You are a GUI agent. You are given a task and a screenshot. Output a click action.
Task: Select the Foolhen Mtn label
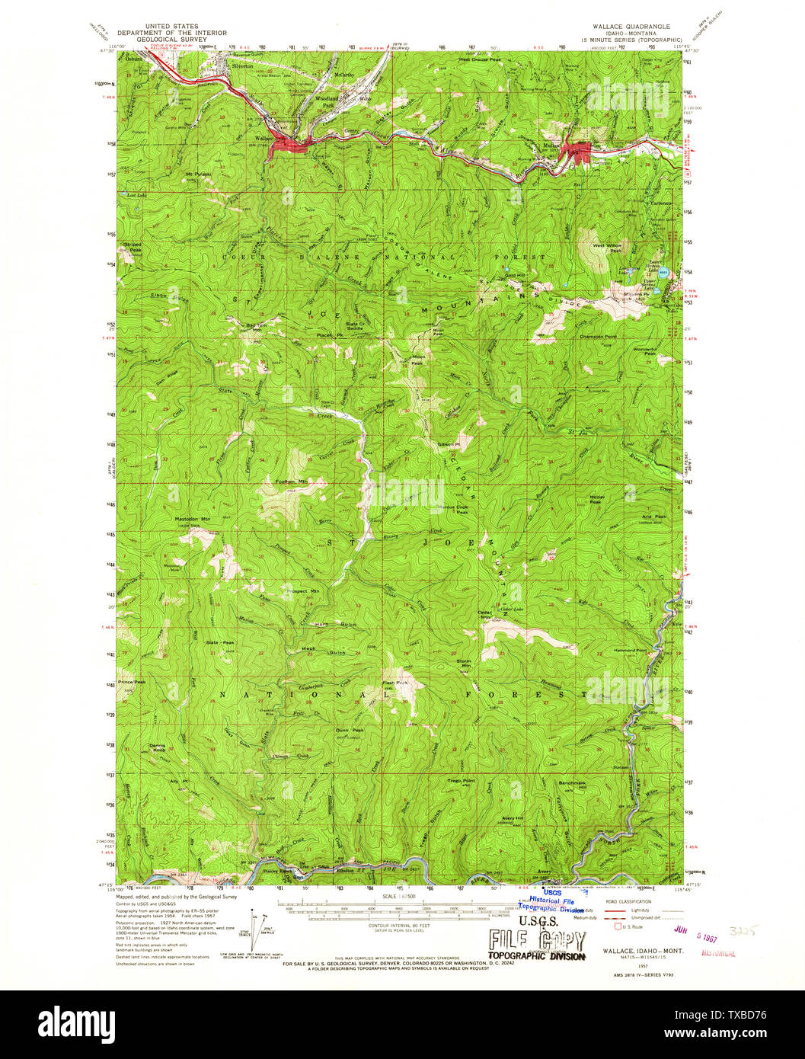[x=291, y=482]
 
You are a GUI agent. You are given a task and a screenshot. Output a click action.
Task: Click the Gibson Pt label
[x=449, y=443]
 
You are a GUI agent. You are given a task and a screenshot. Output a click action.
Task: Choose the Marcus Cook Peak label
[x=452, y=510]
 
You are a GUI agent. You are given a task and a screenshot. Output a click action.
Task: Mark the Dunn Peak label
[x=350, y=731]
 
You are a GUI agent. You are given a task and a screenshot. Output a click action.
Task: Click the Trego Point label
[x=461, y=781]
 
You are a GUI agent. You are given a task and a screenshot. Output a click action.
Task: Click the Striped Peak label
[x=133, y=248]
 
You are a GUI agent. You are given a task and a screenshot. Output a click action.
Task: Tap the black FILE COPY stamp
[x=537, y=939]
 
